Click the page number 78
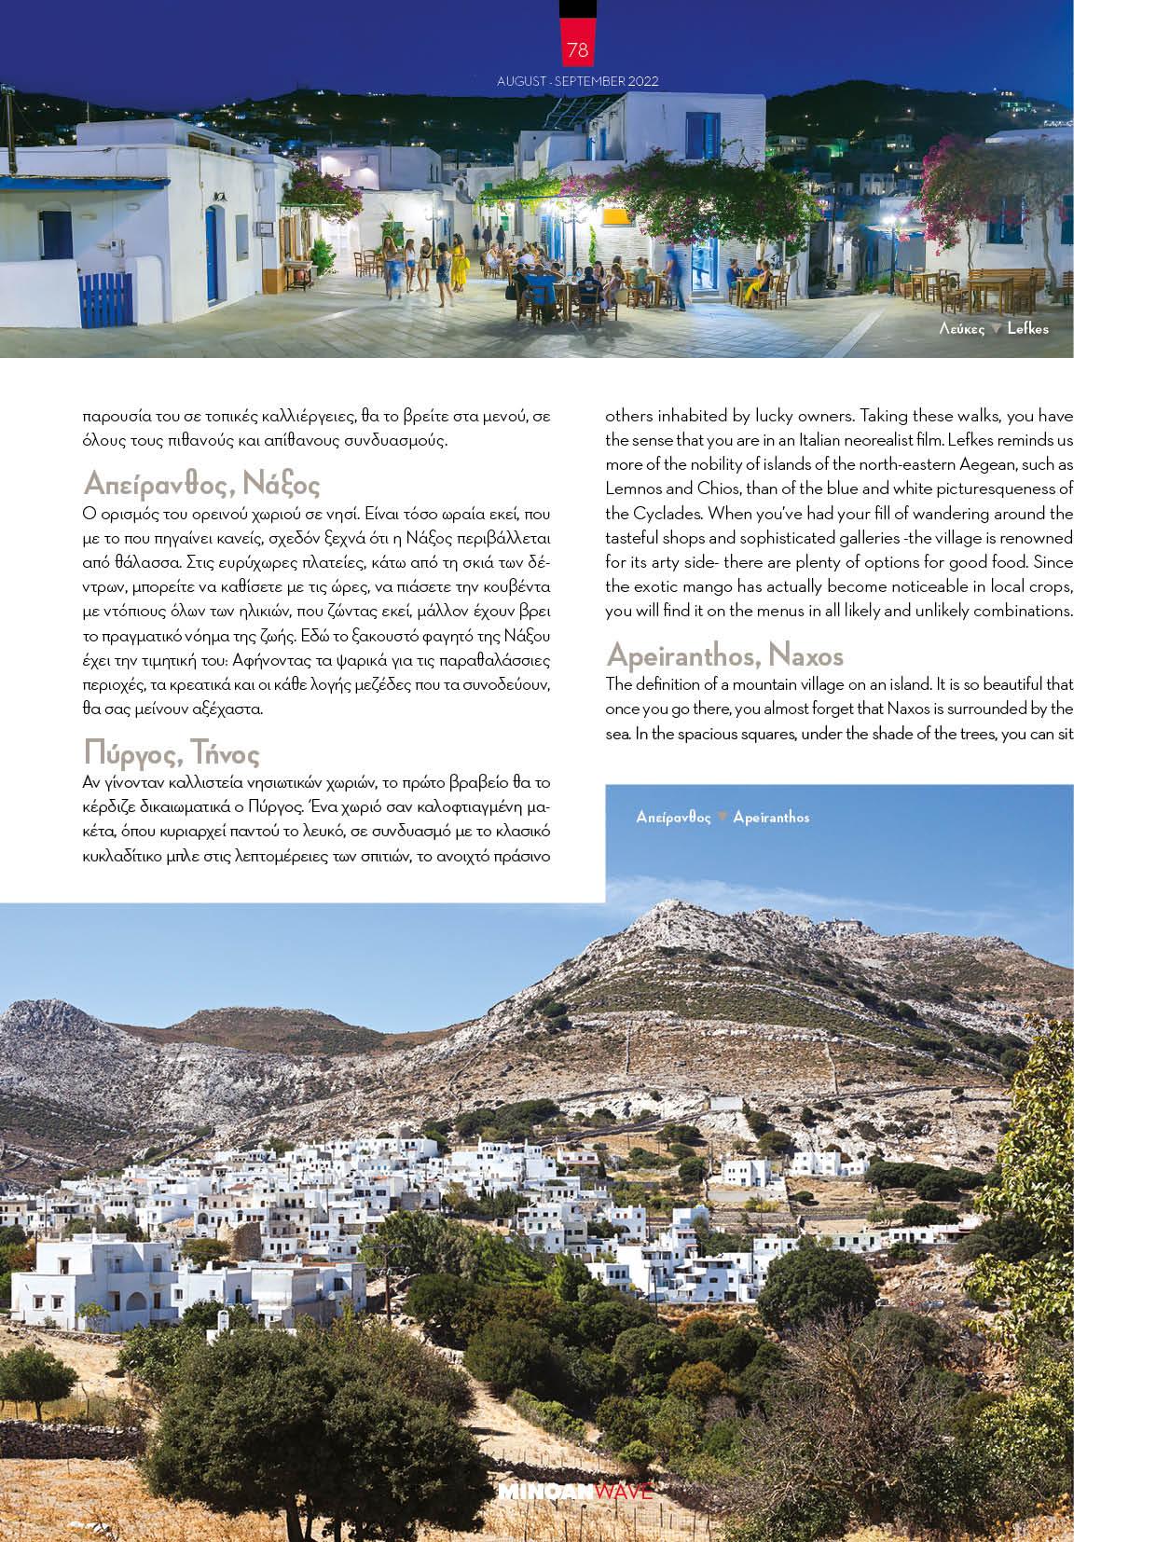coord(577,49)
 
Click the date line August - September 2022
coord(577,81)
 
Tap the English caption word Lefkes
coord(1027,328)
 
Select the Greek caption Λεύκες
coord(962,328)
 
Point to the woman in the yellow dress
coord(459,266)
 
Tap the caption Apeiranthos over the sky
coord(771,818)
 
